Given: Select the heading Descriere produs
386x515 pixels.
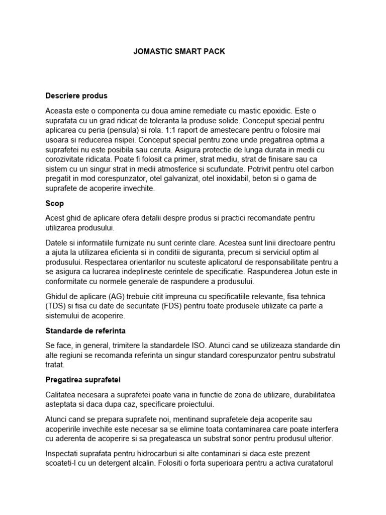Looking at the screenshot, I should coord(76,95).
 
